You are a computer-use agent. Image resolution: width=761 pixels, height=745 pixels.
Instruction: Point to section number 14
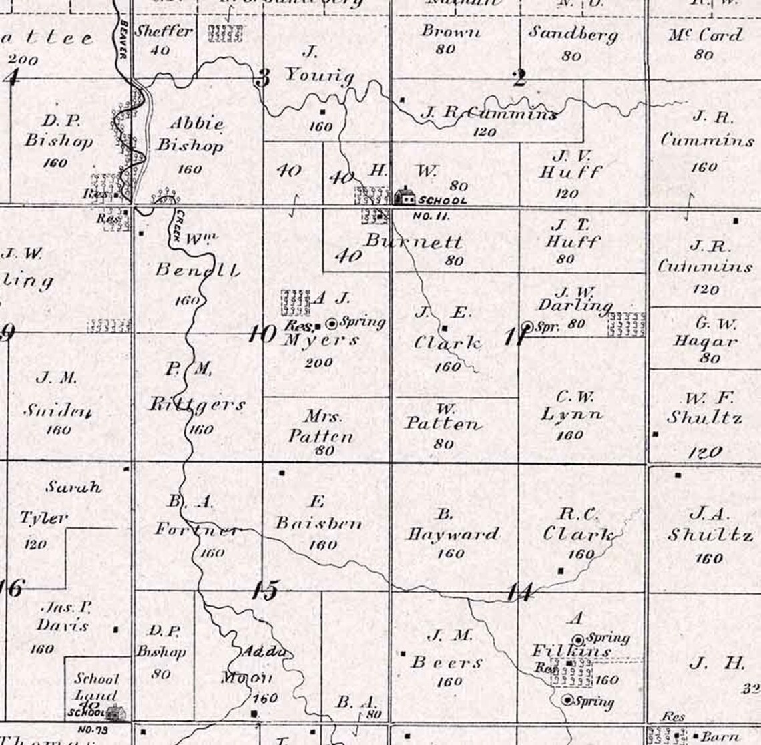[518, 591]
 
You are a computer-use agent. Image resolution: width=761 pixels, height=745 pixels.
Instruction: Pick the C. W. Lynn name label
[571, 406]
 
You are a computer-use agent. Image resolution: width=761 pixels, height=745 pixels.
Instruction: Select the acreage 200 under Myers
[318, 362]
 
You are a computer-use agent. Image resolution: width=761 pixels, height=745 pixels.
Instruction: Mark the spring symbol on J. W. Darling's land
[527, 326]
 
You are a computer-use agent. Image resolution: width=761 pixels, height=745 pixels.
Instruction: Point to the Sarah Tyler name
[62, 502]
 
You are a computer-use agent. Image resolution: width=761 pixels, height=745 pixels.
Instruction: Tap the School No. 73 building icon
[117, 712]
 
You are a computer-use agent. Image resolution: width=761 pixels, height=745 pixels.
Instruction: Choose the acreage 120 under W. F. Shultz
[706, 452]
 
